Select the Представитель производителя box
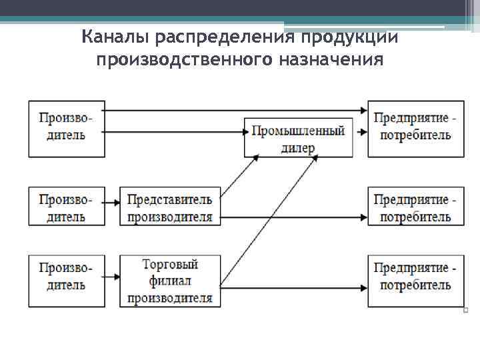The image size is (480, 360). pyautogui.click(x=169, y=207)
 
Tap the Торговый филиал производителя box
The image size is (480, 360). pyautogui.click(x=169, y=281)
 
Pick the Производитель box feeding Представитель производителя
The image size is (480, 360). pyautogui.click(x=67, y=207)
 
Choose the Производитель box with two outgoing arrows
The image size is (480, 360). pyautogui.click(x=67, y=128)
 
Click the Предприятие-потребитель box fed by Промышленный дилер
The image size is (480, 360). pyautogui.click(x=416, y=128)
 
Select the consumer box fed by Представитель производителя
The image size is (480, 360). pyautogui.click(x=416, y=207)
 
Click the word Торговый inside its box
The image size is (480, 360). pyautogui.click(x=169, y=265)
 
